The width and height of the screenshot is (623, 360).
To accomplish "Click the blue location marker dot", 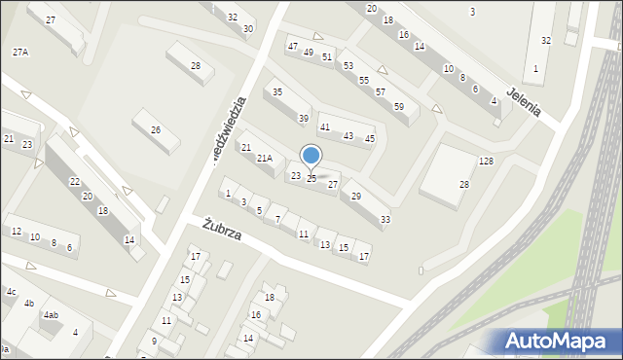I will point(311,155).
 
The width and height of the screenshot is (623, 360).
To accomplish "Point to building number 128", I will point(486,161).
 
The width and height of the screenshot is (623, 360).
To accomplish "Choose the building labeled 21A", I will point(264,158).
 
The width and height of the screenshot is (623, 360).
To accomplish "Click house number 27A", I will point(19,52).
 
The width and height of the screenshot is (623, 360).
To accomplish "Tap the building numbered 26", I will point(155,129).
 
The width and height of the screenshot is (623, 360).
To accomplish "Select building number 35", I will point(277,92).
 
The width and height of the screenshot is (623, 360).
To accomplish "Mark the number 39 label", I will point(304,119).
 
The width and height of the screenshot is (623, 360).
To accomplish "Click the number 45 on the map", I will point(370,138).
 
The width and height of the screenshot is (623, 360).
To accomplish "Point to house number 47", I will point(292,47).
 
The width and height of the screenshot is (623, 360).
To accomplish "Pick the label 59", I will point(399,106).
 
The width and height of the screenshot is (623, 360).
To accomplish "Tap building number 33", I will point(385,219).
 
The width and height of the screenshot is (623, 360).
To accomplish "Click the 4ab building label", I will point(51,315).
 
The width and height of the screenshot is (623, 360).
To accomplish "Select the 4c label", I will point(11,292).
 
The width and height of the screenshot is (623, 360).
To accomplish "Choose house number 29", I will point(356,197).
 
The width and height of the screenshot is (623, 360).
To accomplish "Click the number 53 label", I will point(348,65).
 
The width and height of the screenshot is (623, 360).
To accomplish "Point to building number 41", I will point(325,127).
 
